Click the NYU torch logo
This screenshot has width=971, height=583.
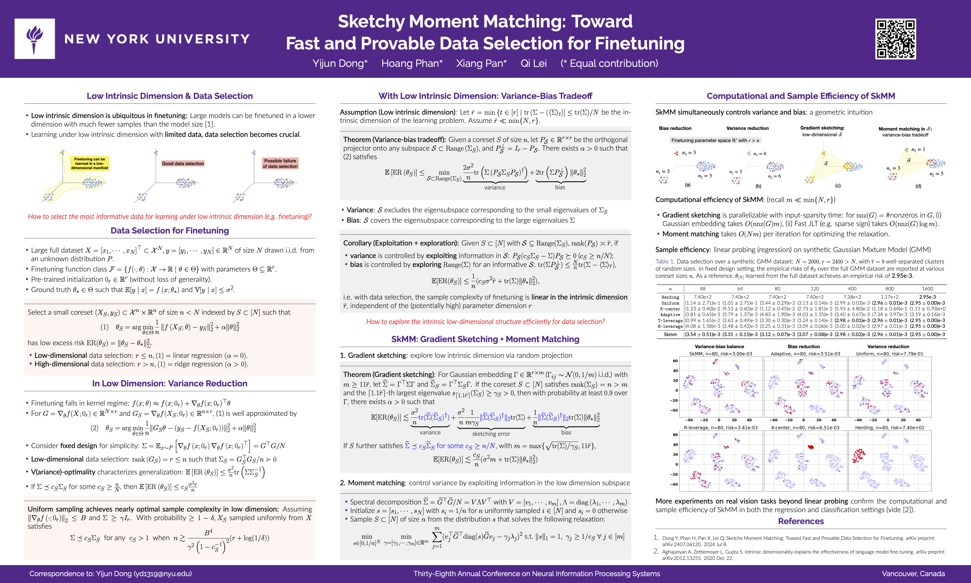[35, 39]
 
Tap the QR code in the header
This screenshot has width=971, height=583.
[895, 39]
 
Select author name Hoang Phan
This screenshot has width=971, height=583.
[412, 63]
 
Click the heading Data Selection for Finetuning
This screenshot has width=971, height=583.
[170, 231]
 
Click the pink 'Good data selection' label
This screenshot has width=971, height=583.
[183, 163]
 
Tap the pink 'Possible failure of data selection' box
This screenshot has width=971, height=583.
[280, 163]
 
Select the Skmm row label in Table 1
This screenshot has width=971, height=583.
[670, 335]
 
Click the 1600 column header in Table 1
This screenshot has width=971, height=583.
[927, 289]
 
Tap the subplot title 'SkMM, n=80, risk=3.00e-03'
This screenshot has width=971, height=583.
[721, 354]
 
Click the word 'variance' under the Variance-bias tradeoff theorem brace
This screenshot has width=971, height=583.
[494, 188]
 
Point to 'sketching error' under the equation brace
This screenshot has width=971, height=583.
[491, 434]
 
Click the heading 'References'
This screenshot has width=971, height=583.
[801, 521]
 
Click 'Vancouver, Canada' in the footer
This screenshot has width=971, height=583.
[913, 574]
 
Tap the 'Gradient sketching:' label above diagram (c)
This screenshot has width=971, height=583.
[822, 128]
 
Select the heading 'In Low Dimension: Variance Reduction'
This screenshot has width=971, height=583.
[170, 384]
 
